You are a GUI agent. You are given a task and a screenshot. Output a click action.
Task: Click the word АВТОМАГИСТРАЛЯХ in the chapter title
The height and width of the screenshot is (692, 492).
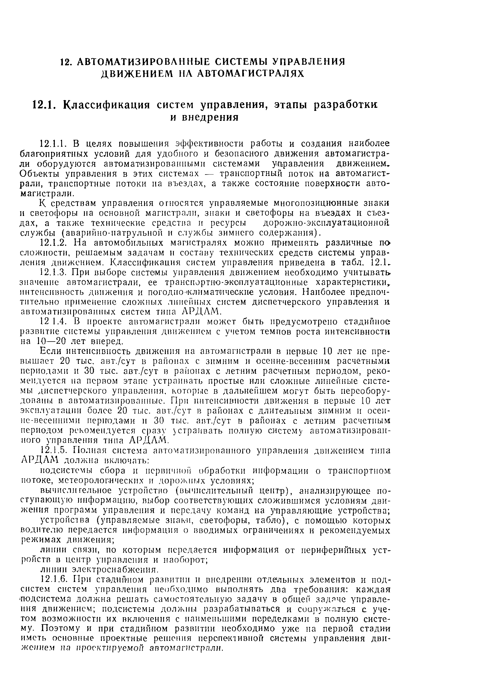[x=250, y=74]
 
